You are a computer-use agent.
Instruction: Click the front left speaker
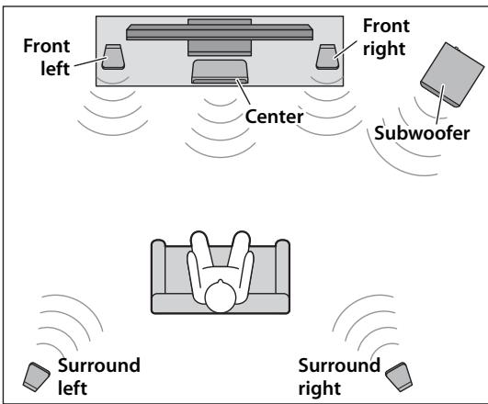[x=113, y=57]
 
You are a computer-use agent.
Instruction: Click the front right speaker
[x=327, y=57]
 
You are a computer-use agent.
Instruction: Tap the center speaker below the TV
[x=220, y=72]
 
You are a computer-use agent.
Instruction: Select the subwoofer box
[x=452, y=74]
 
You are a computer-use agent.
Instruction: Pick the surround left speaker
[x=37, y=376]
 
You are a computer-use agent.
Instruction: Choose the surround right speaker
[x=399, y=376]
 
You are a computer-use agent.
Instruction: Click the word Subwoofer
[x=422, y=133]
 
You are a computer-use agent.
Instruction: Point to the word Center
[x=274, y=117]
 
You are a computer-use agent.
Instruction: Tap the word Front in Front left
[x=47, y=46]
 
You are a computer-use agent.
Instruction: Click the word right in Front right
[x=384, y=50]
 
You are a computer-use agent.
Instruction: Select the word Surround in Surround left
[x=99, y=365]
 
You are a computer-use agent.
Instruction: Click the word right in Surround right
[x=319, y=388]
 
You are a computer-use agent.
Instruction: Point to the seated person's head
[x=221, y=297]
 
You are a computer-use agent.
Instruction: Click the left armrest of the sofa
[x=158, y=266]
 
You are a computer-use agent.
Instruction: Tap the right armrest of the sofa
[x=282, y=266]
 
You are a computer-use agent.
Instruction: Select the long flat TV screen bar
[x=220, y=32]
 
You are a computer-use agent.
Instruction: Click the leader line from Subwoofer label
[x=440, y=105]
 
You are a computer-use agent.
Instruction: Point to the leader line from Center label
[x=243, y=92]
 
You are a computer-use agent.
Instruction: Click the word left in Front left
[x=55, y=69]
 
